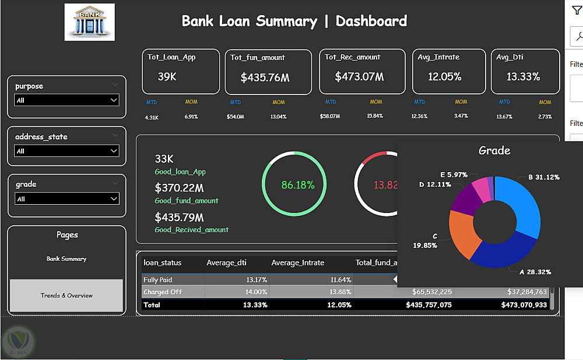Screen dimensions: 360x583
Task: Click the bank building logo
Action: point(89,22)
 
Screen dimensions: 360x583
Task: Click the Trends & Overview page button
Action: point(66,295)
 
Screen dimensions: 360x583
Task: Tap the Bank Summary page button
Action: point(66,258)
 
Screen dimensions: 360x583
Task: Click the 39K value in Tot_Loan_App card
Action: point(167,76)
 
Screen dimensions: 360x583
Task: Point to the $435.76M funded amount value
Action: point(265,77)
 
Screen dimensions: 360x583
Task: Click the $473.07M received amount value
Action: point(359,76)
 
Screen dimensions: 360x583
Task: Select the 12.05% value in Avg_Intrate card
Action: point(444,76)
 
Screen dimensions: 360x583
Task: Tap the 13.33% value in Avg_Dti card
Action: point(523,76)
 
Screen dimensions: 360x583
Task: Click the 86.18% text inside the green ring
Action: point(298,185)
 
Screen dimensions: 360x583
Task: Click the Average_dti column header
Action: point(227,263)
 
